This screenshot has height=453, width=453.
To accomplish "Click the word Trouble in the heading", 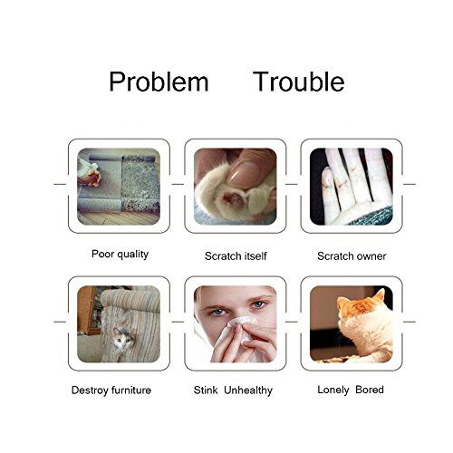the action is pyautogui.click(x=299, y=82).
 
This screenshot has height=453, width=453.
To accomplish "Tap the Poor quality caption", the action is pyautogui.click(x=120, y=255).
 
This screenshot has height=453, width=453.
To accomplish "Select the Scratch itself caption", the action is pyautogui.click(x=236, y=256).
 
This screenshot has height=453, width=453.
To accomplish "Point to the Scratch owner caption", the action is pyautogui.click(x=352, y=256).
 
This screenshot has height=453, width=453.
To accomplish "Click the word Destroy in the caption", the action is pyautogui.click(x=90, y=390).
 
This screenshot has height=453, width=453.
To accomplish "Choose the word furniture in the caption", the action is pyautogui.click(x=131, y=390).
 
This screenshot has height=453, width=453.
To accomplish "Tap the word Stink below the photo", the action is pyautogui.click(x=206, y=390).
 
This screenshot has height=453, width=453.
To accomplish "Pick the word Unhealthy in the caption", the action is pyautogui.click(x=248, y=390).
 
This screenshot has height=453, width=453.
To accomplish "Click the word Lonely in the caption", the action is pyautogui.click(x=333, y=390).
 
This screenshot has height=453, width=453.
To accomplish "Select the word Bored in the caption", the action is pyautogui.click(x=370, y=390).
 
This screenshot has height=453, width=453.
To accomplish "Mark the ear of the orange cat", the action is pyautogui.click(x=380, y=295).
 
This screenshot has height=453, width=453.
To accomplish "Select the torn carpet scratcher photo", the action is pyautogui.click(x=119, y=187).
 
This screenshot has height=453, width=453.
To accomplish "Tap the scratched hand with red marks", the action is pyautogui.click(x=351, y=187).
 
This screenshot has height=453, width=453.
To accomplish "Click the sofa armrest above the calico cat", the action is pyautogui.click(x=130, y=299).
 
